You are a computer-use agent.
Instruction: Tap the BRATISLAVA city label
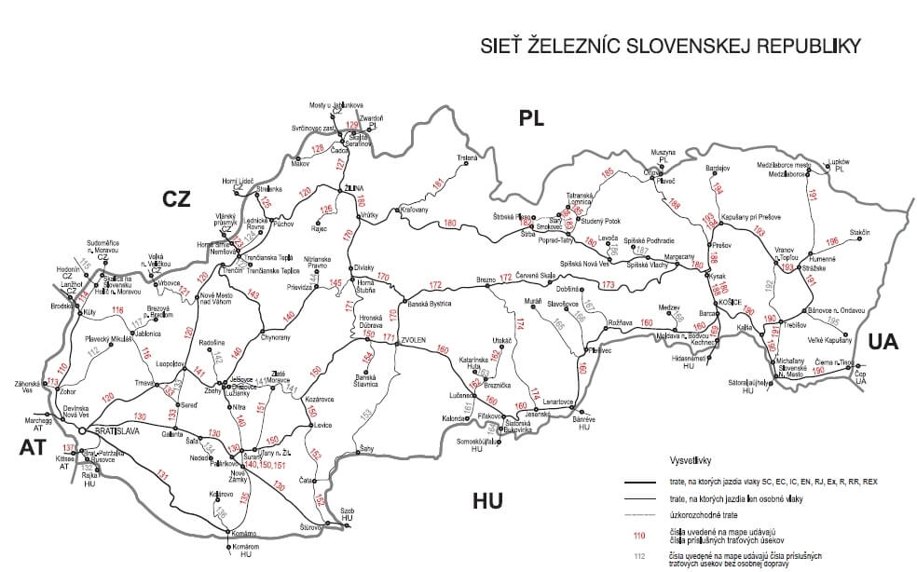(x=110, y=432)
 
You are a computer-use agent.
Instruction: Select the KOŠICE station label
(x=730, y=303)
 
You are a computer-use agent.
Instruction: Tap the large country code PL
(x=531, y=118)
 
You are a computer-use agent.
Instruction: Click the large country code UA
(x=882, y=342)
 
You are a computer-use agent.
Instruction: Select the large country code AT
(x=32, y=448)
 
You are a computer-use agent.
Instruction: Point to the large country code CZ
(x=177, y=198)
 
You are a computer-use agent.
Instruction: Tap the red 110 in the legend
(x=639, y=536)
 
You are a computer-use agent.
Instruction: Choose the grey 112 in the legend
(x=639, y=557)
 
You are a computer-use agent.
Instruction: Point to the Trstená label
(x=468, y=158)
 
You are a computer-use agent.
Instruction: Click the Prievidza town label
(x=298, y=287)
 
